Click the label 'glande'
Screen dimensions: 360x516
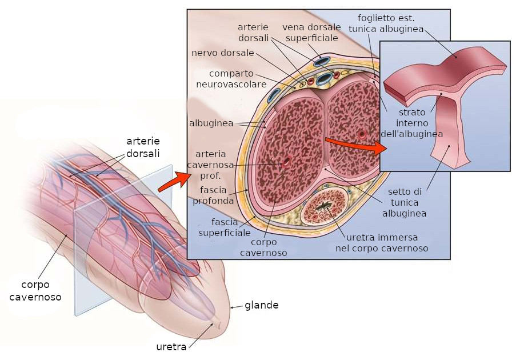pos(261,305)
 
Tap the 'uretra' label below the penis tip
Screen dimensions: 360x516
pos(171,347)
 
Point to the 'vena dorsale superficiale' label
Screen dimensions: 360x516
pos(311,33)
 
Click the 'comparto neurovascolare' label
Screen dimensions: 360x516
pos(231,79)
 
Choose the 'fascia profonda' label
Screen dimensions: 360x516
pos(213,195)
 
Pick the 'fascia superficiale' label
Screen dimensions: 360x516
pos(223,227)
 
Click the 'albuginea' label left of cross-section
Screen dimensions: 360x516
pos(210,123)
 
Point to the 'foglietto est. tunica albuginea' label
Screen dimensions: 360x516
pos(390,23)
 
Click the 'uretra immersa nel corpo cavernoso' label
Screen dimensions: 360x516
pos(382,243)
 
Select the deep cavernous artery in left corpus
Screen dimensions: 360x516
pos(286,162)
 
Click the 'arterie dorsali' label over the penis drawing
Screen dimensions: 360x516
pos(143,147)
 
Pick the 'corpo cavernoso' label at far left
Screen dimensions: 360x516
pos(35,290)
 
